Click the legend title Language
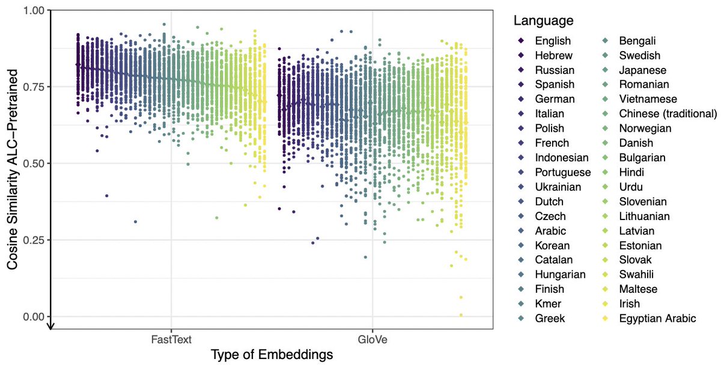click(x=543, y=21)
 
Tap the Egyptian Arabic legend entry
click(x=657, y=318)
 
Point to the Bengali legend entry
click(x=638, y=41)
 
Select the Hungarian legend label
click(x=560, y=275)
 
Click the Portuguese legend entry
click(x=562, y=173)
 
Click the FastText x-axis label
click(x=171, y=340)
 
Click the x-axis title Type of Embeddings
click(x=272, y=355)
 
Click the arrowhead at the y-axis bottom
click(x=51, y=327)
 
